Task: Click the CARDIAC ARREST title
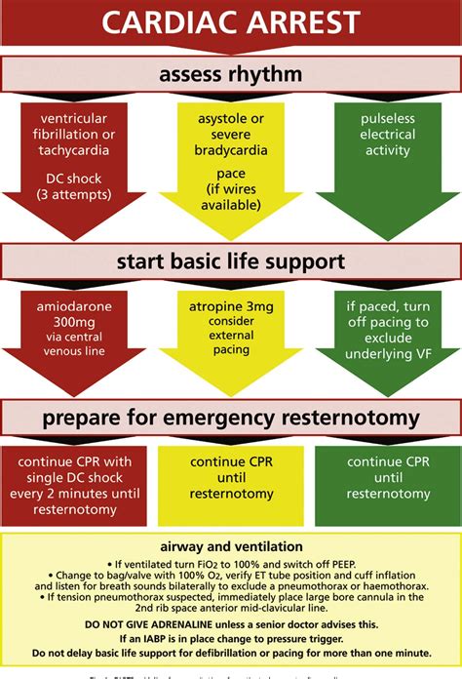click(231, 22)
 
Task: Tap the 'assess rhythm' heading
click(231, 73)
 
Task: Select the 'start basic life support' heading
click(231, 262)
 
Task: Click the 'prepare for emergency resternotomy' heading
click(231, 419)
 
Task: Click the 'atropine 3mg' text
click(230, 306)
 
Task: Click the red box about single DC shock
click(75, 484)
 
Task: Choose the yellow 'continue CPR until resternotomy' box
click(230, 484)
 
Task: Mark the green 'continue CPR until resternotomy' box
click(387, 484)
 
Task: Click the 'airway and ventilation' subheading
click(230, 547)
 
